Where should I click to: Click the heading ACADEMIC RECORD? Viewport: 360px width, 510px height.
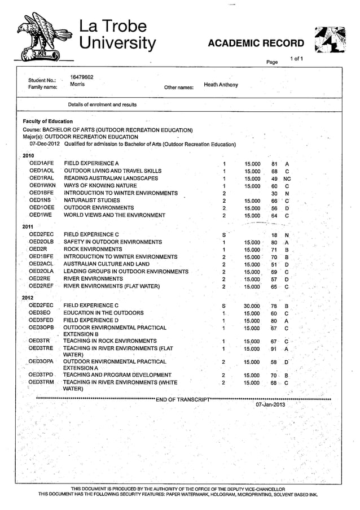[256, 43]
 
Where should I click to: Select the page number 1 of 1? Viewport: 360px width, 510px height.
[296, 59]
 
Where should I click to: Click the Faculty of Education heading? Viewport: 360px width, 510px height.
[47, 121]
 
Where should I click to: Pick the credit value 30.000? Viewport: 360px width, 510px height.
[252, 306]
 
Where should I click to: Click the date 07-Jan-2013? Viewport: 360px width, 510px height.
[270, 404]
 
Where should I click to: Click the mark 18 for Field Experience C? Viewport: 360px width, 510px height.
[274, 234]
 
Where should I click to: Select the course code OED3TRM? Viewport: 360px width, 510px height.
[41, 382]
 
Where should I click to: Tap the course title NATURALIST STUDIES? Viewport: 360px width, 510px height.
[91, 200]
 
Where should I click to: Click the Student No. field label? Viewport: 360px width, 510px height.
[42, 80]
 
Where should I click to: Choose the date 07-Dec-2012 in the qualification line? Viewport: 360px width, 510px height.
[45, 144]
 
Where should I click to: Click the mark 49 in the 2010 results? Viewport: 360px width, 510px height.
[274, 178]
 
